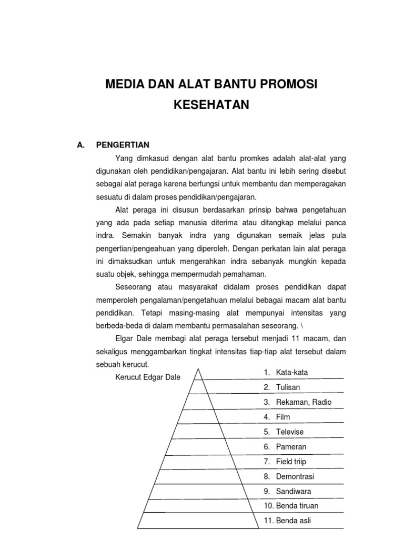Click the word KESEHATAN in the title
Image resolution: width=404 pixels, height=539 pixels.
pyautogui.click(x=211, y=105)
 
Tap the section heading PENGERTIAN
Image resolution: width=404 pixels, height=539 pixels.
pyautogui.click(x=122, y=145)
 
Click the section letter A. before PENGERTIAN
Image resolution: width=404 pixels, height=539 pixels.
pyautogui.click(x=80, y=145)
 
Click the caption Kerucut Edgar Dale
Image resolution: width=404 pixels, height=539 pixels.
pyautogui.click(x=147, y=376)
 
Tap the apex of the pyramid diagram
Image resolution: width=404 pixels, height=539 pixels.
pyautogui.click(x=198, y=370)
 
